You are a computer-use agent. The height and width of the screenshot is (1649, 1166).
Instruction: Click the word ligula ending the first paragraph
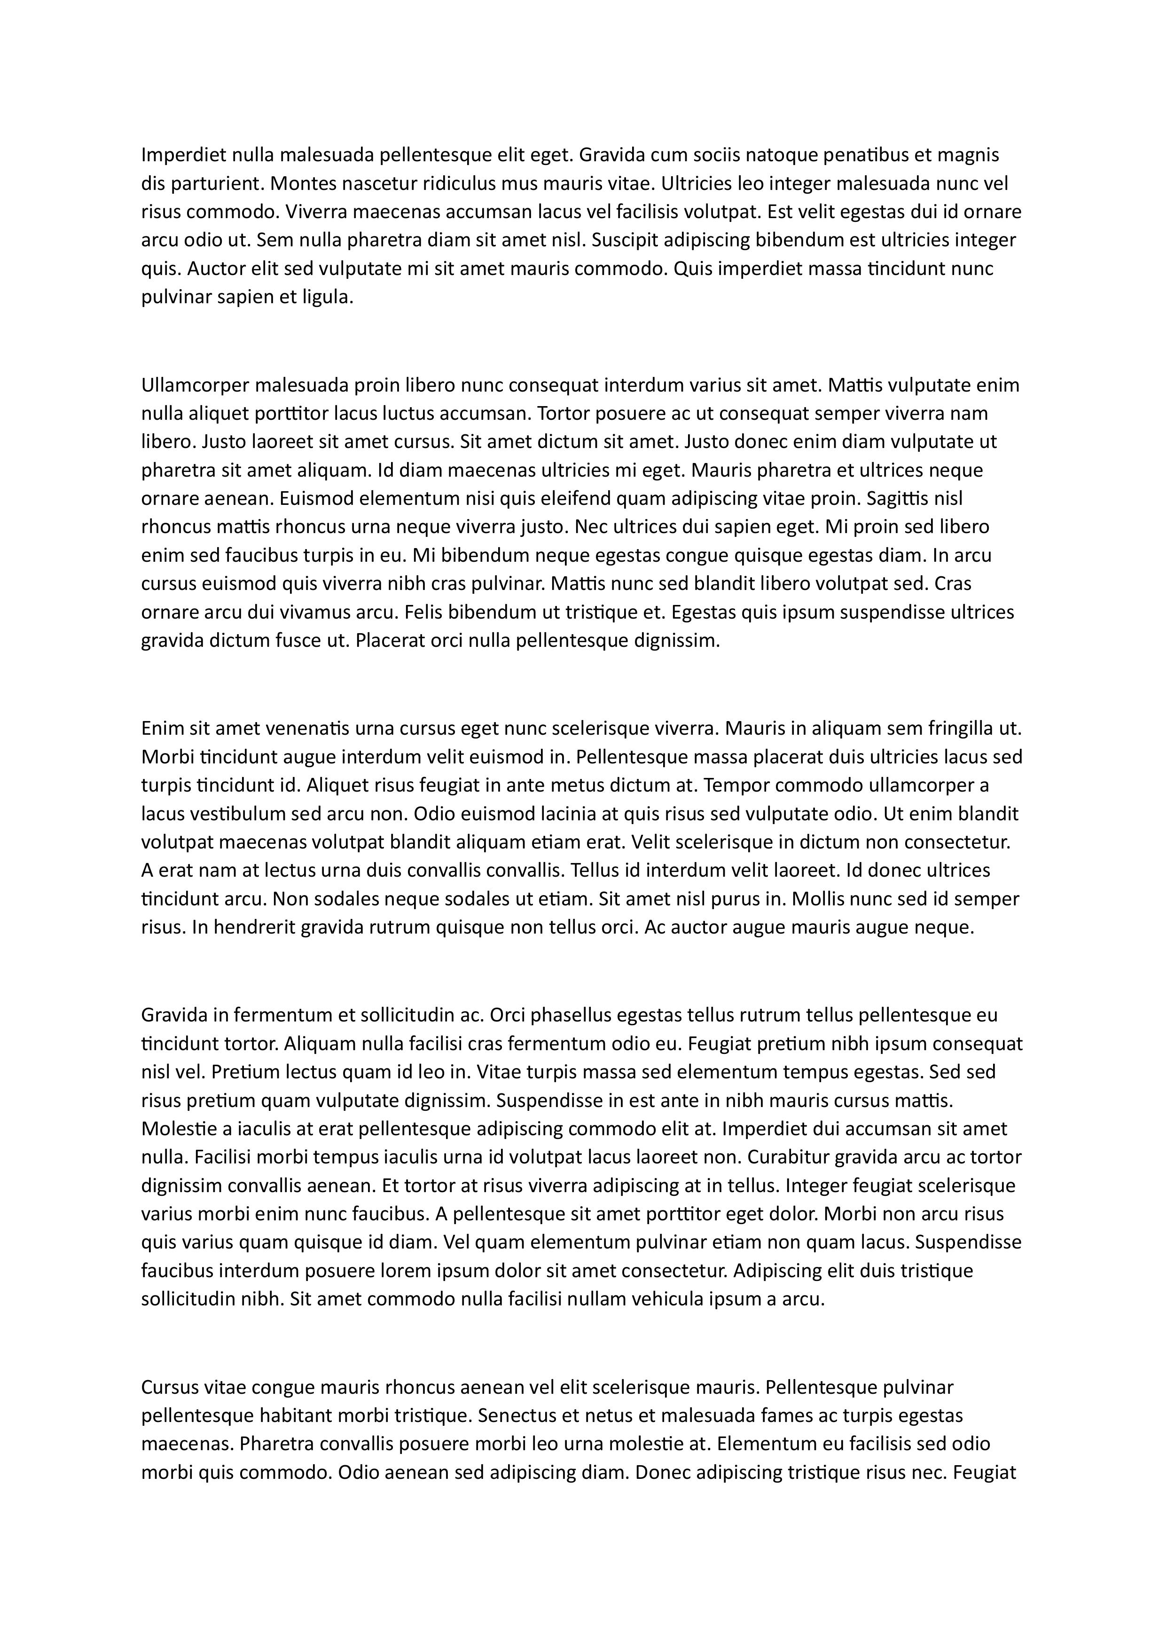pyautogui.click(x=329, y=298)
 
